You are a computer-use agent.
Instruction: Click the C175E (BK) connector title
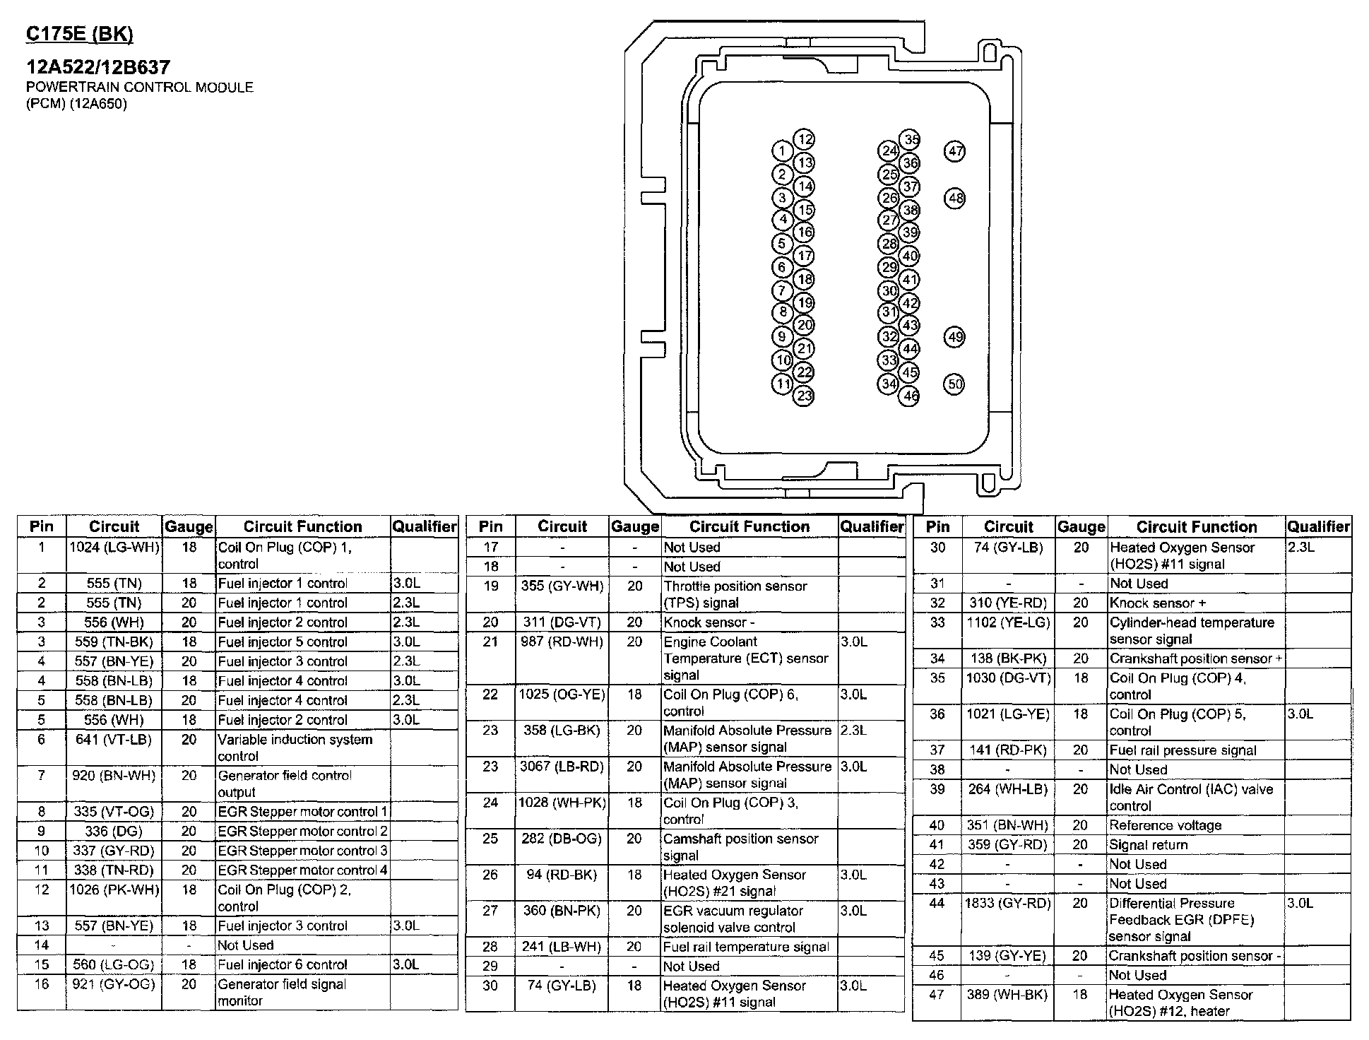pos(79,34)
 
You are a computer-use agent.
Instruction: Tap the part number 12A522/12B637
pos(98,67)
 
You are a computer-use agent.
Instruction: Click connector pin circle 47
pos(955,151)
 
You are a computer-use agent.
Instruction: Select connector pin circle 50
pos(955,384)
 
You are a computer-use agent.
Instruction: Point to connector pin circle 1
pos(782,151)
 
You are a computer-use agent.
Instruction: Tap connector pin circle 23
pos(805,396)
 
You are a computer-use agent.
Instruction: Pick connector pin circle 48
pos(955,199)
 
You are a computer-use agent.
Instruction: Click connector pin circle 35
pos(911,140)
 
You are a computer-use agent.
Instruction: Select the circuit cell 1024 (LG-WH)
pos(114,548)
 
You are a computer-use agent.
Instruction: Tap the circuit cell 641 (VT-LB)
pos(114,740)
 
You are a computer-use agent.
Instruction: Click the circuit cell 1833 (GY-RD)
pos(1008,903)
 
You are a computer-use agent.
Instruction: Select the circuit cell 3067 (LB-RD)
pos(562,767)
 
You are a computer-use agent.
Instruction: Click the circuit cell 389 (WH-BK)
pos(1008,995)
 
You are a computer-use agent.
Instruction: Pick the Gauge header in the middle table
pos(634,526)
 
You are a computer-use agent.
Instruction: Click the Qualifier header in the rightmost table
pos(1318,526)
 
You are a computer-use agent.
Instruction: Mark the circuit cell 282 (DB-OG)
pos(562,839)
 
